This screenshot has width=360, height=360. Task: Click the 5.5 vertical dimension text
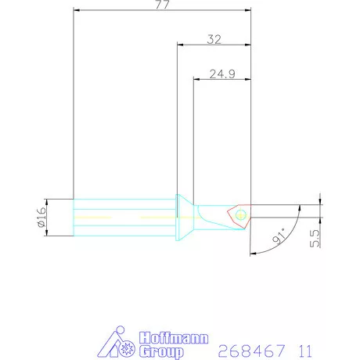pyautogui.click(x=314, y=238)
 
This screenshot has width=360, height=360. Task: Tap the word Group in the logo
pyautogui.click(x=160, y=351)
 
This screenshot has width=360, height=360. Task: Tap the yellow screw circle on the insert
pyautogui.click(x=239, y=214)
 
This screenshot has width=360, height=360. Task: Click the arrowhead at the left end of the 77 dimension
pyautogui.click(x=76, y=12)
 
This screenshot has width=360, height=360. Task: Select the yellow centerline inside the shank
pyautogui.click(x=117, y=215)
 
